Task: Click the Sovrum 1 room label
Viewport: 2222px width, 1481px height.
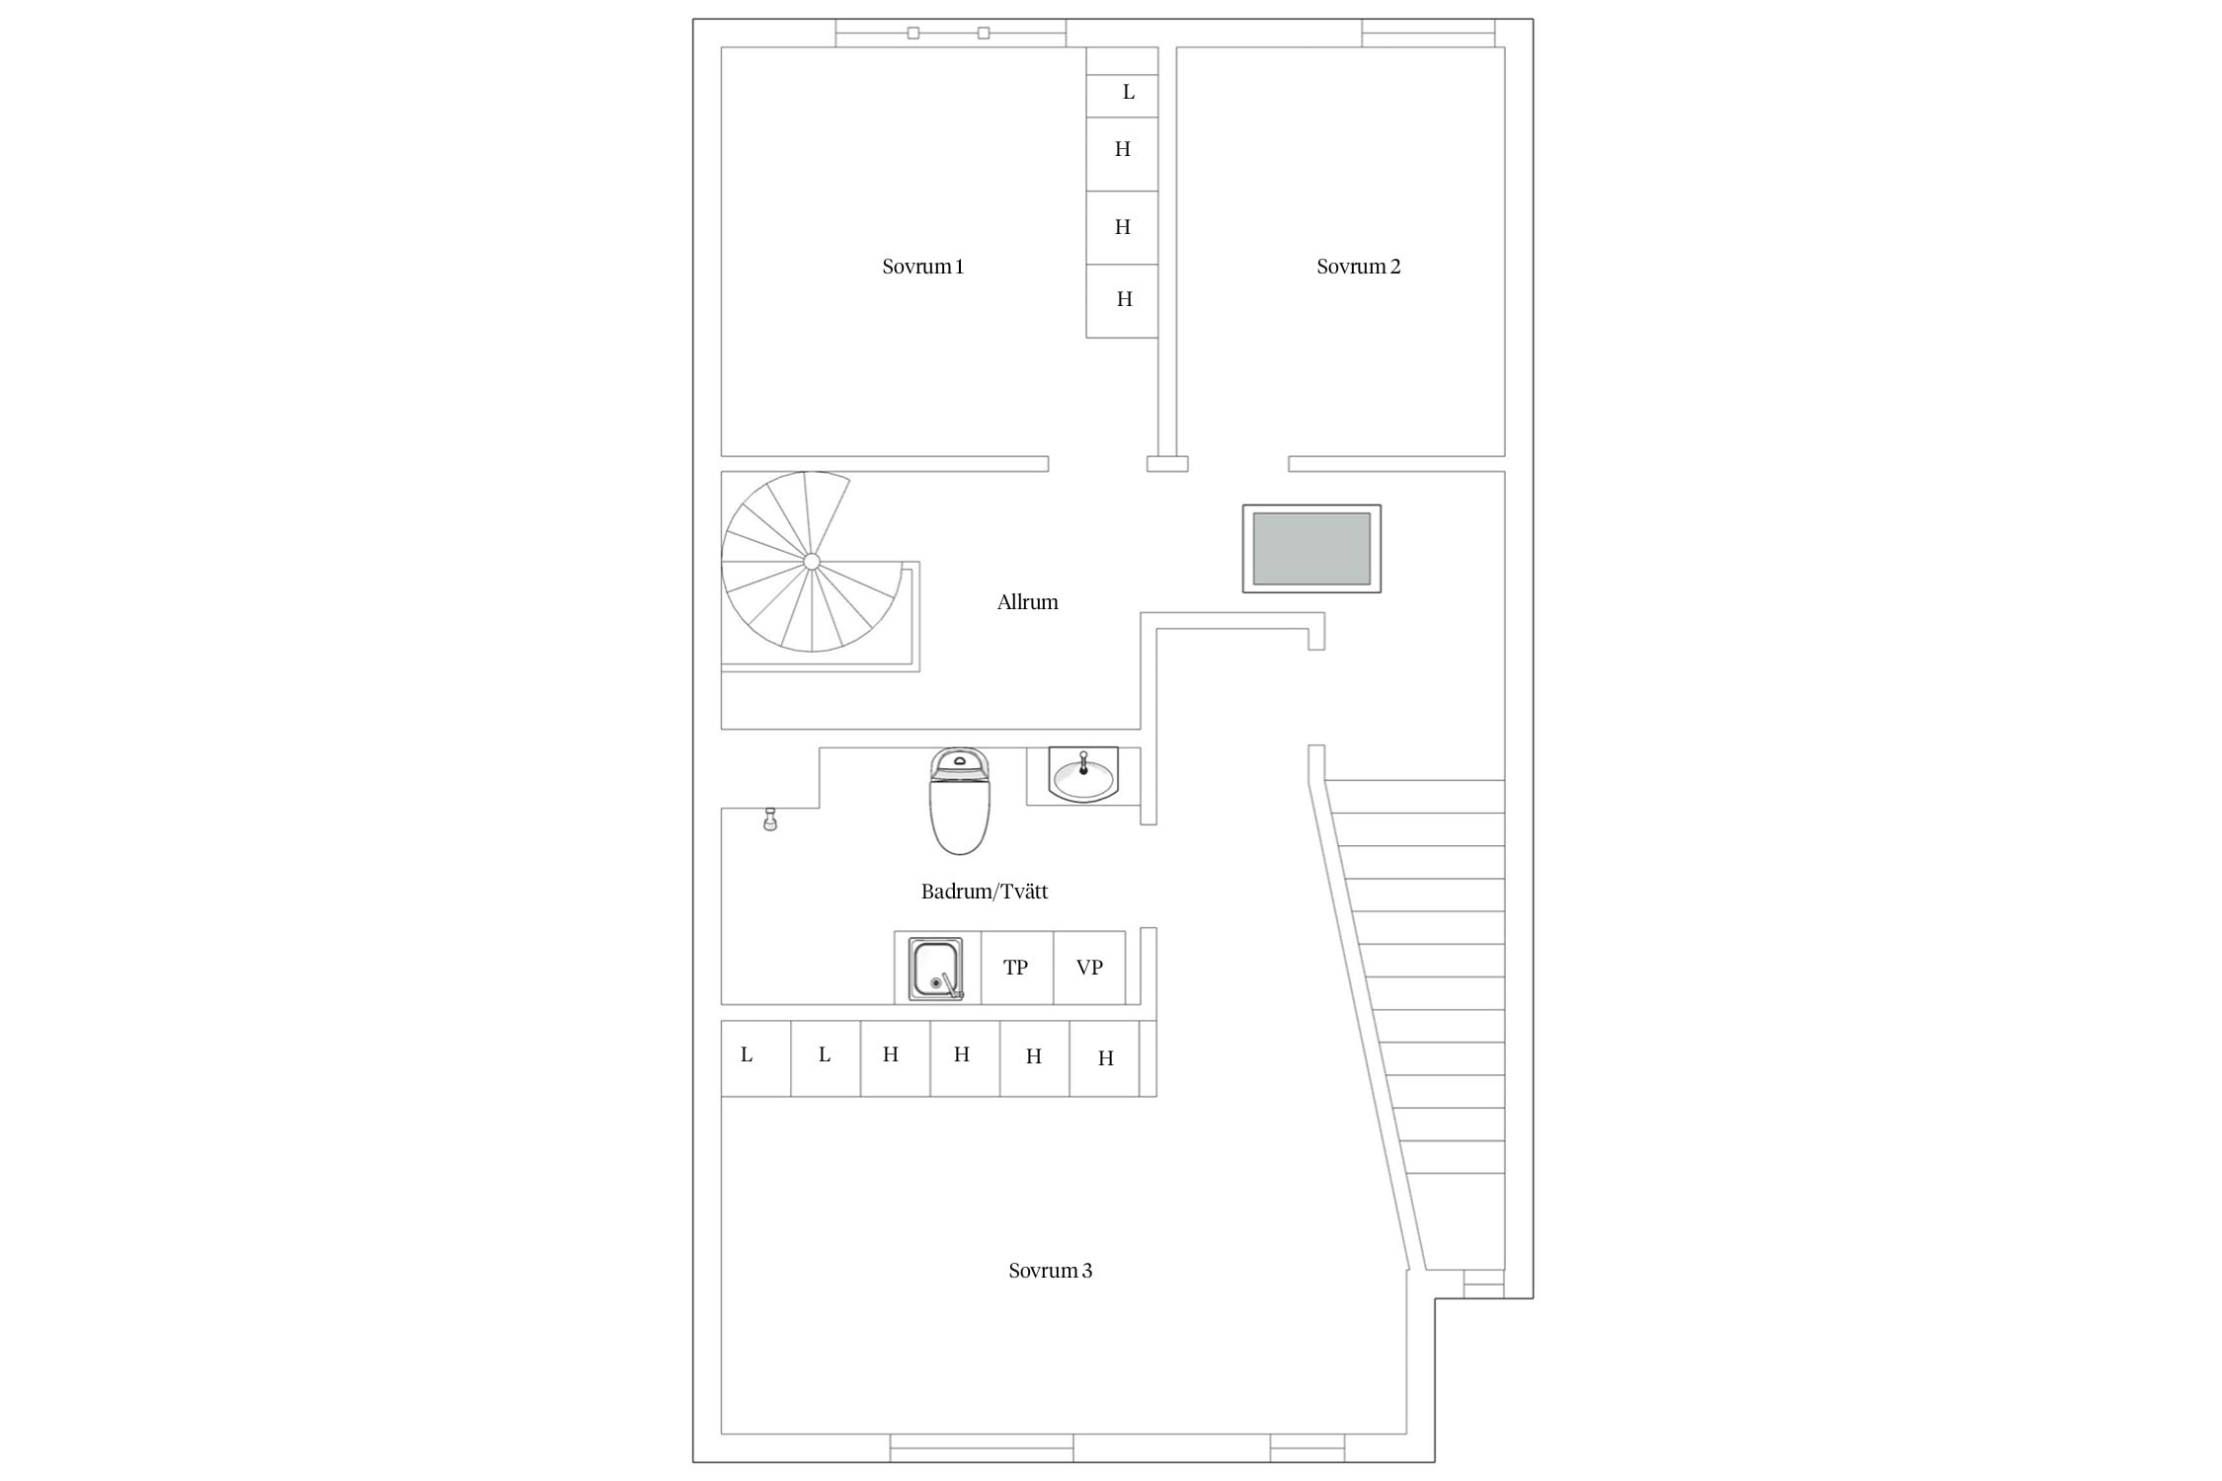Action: (x=922, y=267)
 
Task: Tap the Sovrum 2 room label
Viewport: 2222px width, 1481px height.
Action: (x=1358, y=267)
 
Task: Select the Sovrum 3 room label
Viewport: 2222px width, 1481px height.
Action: (x=1050, y=1271)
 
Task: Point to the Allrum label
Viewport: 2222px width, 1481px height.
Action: (x=1027, y=602)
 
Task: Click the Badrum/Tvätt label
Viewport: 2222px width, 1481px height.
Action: (x=985, y=892)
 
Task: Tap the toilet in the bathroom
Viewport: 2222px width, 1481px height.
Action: (x=959, y=801)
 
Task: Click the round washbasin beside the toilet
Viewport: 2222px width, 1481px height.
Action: (x=1083, y=775)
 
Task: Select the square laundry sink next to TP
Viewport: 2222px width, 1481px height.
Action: (x=935, y=969)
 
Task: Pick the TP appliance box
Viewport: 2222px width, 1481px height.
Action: (x=1017, y=968)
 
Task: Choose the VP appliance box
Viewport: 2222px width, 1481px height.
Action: (x=1089, y=968)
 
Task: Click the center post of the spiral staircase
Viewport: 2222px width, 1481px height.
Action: (x=812, y=562)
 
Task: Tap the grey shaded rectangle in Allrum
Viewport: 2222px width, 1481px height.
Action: (x=1311, y=549)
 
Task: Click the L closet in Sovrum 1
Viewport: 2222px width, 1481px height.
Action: (x=1122, y=96)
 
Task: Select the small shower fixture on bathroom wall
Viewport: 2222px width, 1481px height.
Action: (x=770, y=818)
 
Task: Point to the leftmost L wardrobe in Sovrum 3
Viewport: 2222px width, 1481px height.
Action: (x=755, y=1057)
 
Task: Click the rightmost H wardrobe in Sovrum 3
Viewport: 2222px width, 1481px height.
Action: (x=1105, y=1057)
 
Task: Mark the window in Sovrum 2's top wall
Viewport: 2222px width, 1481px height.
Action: (x=1428, y=34)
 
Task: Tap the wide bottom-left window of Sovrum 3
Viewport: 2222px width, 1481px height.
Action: (x=982, y=1447)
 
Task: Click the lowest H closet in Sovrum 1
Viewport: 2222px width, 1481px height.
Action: (x=1122, y=301)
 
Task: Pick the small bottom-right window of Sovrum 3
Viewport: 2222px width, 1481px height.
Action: (x=1307, y=1447)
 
